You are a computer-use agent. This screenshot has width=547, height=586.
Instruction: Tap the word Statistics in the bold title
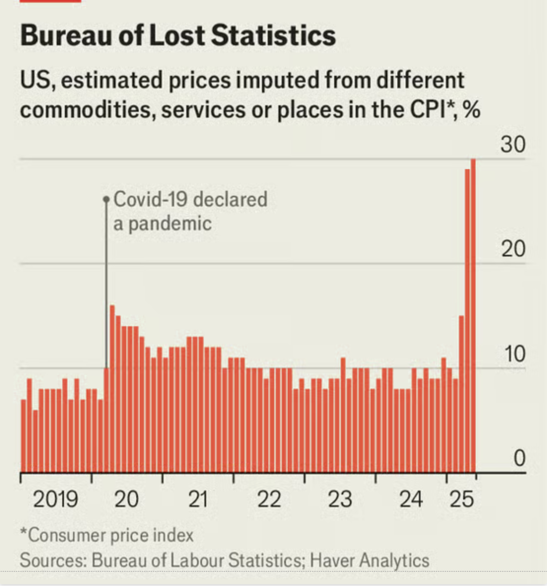274,36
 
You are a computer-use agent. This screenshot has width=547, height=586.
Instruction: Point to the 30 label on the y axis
513,144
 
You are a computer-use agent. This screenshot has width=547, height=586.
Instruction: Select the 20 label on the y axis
513,249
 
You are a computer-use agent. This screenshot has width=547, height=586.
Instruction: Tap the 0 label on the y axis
520,458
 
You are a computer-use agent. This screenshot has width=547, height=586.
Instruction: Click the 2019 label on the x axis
55,499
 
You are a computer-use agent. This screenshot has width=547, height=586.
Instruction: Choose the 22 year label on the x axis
268,499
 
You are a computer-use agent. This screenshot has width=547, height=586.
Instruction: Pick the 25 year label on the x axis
462,499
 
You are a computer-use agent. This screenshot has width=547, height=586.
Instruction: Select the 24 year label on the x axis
411,499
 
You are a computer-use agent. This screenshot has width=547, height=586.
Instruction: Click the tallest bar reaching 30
473,315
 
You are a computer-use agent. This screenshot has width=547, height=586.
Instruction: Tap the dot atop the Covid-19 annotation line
106,199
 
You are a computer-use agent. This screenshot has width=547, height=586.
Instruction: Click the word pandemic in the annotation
170,224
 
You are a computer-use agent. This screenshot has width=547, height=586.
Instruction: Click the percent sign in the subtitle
471,110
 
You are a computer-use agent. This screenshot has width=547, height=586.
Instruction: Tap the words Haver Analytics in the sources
369,560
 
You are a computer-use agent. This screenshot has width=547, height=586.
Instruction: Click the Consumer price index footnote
107,535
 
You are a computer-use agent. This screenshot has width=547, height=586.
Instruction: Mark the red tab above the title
51,1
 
